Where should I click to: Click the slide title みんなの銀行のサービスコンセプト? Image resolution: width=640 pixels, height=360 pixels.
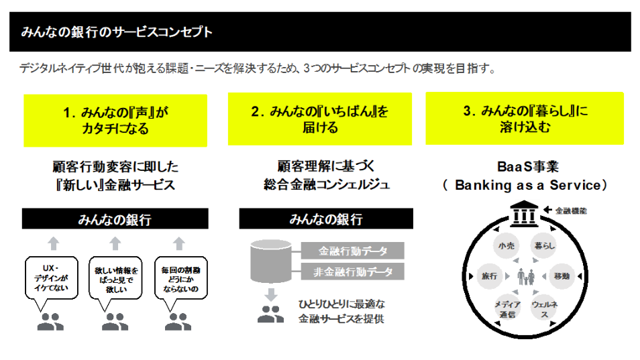117,32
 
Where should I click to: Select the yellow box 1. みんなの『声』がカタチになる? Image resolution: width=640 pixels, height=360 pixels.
115,120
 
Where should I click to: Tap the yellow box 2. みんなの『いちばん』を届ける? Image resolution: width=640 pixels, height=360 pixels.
319,119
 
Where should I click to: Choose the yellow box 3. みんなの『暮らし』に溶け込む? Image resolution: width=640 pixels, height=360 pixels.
525,119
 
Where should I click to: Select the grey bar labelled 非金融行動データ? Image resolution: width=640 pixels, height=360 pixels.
353,272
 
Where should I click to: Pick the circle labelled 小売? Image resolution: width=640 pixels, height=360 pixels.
506,246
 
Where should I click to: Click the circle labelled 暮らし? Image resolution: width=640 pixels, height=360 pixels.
543,246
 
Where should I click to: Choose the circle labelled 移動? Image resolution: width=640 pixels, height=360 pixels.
562,276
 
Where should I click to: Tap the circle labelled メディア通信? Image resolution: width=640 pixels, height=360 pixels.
506,308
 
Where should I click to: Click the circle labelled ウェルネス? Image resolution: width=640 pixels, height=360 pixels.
543,308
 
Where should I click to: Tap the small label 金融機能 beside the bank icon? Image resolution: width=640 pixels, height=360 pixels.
572,210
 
